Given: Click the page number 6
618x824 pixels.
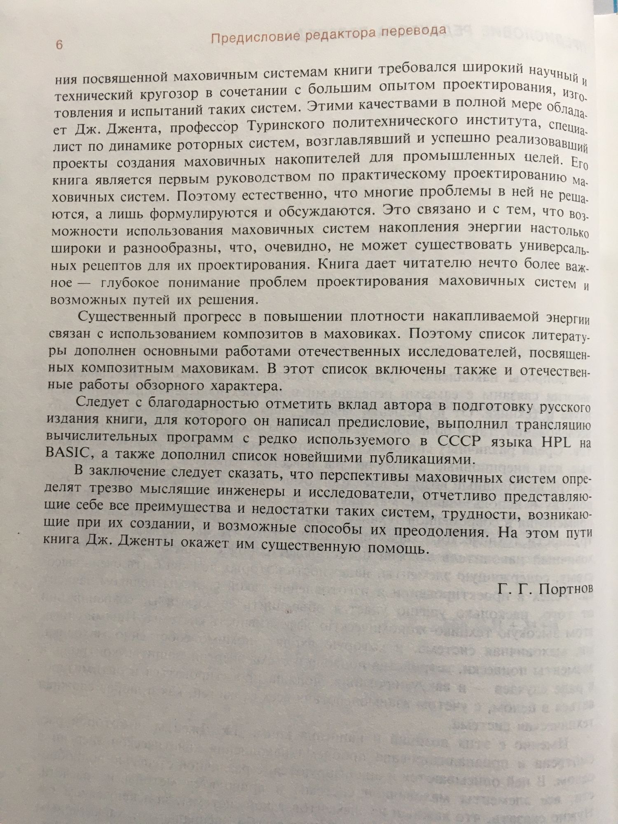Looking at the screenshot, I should [59, 44].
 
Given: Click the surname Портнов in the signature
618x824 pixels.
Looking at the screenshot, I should [566, 589].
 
